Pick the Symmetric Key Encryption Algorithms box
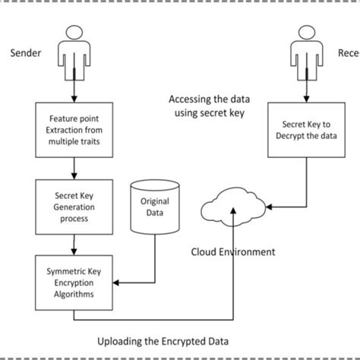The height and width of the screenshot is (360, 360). click(x=74, y=278)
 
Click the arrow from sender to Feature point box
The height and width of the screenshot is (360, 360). click(x=74, y=91)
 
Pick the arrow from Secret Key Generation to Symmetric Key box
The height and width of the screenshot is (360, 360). click(x=74, y=243)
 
